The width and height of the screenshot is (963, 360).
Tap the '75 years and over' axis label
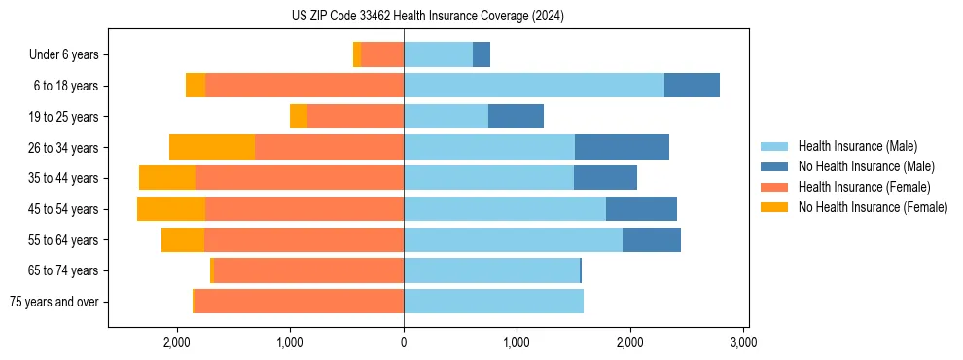pyautogui.click(x=54, y=302)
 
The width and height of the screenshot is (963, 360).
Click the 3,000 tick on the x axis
pyautogui.click(x=743, y=343)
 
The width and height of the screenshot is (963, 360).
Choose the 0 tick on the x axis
pyautogui.click(x=404, y=343)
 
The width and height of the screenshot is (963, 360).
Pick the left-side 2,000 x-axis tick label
pyautogui.click(x=177, y=343)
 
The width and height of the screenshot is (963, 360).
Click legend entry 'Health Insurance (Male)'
pyautogui.click(x=857, y=146)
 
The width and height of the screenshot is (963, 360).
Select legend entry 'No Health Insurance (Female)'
pyautogui.click(x=873, y=207)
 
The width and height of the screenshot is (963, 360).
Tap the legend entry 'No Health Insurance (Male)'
pyautogui.click(x=866, y=166)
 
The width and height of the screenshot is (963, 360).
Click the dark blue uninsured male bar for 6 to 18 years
pyautogui.click(x=692, y=86)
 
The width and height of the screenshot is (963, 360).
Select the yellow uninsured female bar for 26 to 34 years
pyautogui.click(x=212, y=147)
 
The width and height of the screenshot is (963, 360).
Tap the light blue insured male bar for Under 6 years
pyautogui.click(x=438, y=54)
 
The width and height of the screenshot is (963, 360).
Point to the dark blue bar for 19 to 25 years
pyautogui.click(x=516, y=117)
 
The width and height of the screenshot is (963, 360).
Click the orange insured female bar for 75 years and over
pyautogui.click(x=299, y=302)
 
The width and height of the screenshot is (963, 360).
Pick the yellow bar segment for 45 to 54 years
pyautogui.click(x=171, y=209)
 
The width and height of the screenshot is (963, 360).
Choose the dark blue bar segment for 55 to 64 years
pyautogui.click(x=652, y=239)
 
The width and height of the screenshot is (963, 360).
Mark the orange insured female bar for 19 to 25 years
pyautogui.click(x=355, y=117)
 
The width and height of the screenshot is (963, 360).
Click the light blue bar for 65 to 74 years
pyautogui.click(x=491, y=270)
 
